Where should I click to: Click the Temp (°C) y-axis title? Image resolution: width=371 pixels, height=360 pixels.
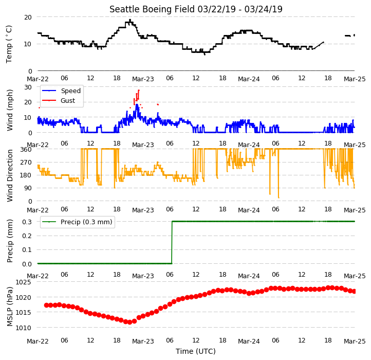coord(9,44)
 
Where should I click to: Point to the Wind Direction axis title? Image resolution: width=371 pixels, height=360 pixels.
coord(10,175)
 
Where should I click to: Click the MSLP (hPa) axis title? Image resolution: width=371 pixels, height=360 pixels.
coord(10,307)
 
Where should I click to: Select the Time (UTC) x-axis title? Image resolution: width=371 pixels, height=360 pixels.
coord(196,351)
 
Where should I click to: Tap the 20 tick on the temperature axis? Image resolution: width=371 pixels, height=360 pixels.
coord(28,17)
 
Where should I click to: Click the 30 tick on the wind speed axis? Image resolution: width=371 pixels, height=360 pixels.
coord(28,87)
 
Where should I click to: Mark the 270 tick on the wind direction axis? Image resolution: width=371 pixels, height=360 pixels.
coord(26,163)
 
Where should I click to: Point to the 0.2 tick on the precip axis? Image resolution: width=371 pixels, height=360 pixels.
coord(27,236)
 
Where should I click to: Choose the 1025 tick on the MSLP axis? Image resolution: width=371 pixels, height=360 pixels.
coord(24,282)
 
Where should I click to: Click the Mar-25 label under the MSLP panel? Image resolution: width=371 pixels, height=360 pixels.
coord(355,341)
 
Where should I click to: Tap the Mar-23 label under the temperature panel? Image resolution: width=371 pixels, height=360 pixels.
coord(143,79)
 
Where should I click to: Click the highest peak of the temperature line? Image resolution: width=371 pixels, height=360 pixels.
coord(130,20)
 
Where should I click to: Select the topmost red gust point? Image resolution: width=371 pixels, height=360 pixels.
coord(139,90)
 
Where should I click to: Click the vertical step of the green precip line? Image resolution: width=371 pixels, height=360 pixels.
coord(172,242)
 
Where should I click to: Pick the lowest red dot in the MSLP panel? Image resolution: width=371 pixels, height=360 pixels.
coord(129,322)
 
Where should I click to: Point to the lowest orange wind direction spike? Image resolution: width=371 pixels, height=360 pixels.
coord(279,197)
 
